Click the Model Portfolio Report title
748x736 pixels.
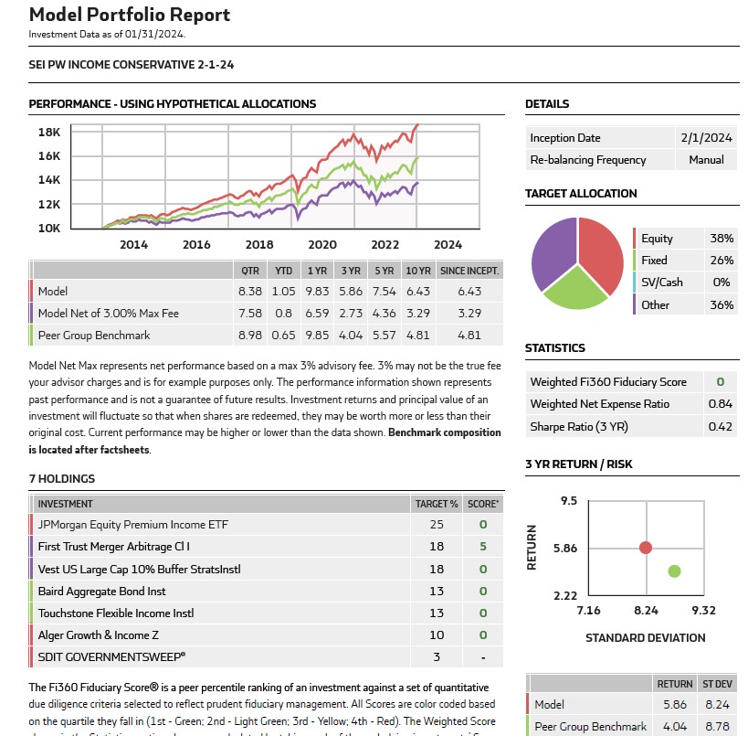pyautogui.click(x=130, y=16)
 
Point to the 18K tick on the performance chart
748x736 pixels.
pyautogui.click(x=49, y=132)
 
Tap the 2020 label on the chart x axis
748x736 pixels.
pyautogui.click(x=322, y=244)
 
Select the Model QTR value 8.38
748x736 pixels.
pyautogui.click(x=249, y=291)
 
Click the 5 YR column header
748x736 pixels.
pyautogui.click(x=385, y=270)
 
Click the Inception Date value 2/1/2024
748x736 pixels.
pyautogui.click(x=706, y=138)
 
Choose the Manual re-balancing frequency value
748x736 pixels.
pyautogui.click(x=706, y=160)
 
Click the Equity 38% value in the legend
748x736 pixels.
pyautogui.click(x=721, y=239)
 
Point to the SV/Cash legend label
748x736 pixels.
pyautogui.click(x=661, y=283)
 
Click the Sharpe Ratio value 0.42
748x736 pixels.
pyautogui.click(x=721, y=426)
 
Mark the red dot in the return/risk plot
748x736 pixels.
pyautogui.click(x=646, y=548)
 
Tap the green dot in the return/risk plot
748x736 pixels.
pyautogui.click(x=674, y=571)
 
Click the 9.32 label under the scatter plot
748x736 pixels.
pyautogui.click(x=702, y=611)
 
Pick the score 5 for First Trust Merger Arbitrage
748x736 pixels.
pyautogui.click(x=483, y=547)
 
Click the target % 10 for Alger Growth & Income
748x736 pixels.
pyautogui.click(x=437, y=635)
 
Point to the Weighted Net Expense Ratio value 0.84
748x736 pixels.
pyautogui.click(x=721, y=404)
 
